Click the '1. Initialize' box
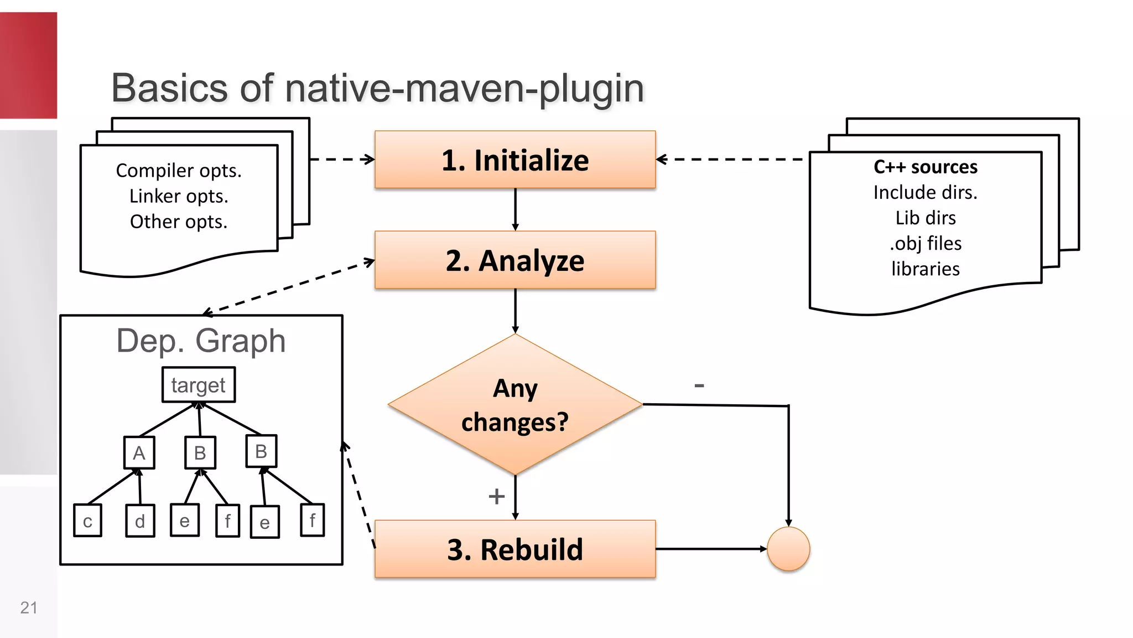click(515, 160)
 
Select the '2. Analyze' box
click(515, 260)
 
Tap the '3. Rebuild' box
click(515, 549)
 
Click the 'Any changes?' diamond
click(515, 405)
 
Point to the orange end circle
click(788, 549)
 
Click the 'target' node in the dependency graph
click(199, 385)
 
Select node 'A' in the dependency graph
click(139, 453)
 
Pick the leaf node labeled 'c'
click(87, 521)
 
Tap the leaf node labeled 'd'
click(140, 521)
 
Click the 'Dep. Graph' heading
click(201, 341)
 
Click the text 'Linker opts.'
click(179, 196)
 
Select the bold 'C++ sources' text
click(926, 167)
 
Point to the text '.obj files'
click(926, 243)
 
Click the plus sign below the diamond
click(496, 496)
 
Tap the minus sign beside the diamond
click(699, 385)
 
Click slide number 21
click(29, 608)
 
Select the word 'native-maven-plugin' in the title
click(465, 88)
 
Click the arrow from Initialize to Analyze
click(515, 209)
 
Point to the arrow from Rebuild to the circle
click(711, 549)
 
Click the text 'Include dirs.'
click(926, 192)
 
